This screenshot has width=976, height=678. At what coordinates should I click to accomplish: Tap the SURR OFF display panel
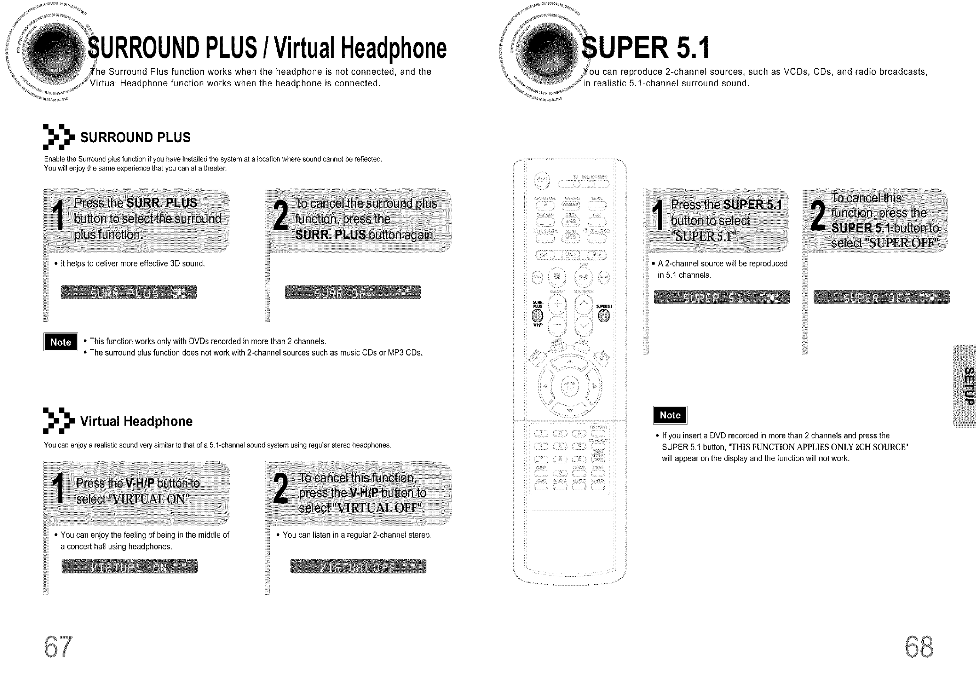353,292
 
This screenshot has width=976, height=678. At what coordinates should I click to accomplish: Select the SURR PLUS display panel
128,292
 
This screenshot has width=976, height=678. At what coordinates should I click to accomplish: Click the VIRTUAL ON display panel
129,566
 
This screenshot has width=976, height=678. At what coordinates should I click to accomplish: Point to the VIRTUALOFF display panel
358,566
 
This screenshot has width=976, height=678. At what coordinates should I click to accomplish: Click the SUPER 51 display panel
722,297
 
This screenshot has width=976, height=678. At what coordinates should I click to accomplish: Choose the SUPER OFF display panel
881,297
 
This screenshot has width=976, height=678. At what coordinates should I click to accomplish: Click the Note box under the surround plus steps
61,342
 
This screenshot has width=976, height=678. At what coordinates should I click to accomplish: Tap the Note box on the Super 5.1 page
670,415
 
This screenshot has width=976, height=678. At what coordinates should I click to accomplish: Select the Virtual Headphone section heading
136,421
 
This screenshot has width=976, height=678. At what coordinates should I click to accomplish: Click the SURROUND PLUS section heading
135,137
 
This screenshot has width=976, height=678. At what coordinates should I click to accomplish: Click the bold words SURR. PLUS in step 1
161,203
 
